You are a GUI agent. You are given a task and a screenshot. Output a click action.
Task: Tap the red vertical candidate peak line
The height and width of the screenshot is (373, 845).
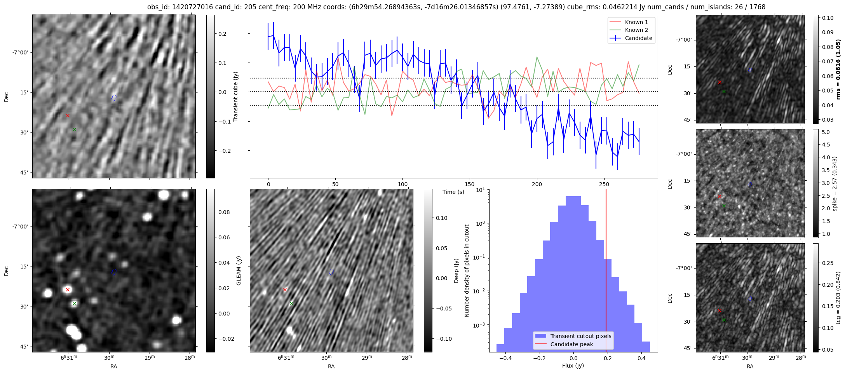606,272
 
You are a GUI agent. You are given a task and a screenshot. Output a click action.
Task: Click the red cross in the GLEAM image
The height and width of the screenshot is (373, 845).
68,289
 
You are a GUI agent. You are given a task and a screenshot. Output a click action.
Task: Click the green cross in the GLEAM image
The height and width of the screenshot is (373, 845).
74,303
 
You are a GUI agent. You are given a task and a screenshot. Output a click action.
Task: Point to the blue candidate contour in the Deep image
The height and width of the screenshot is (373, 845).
331,272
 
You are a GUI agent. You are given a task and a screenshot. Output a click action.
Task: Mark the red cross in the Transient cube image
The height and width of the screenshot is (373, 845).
68,115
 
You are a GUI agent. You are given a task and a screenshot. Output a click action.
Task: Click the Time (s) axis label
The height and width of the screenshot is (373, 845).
453,192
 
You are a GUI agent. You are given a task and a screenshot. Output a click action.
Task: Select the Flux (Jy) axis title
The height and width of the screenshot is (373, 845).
573,366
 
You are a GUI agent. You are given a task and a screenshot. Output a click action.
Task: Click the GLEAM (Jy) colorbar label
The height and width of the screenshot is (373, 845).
239,270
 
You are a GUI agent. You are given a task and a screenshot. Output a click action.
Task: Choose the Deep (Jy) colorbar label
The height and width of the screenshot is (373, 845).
456,270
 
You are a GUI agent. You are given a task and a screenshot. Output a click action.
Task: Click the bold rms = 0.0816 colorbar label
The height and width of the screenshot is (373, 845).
838,69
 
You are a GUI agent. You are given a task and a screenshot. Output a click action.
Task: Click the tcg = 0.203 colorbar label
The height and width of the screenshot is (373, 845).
838,297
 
